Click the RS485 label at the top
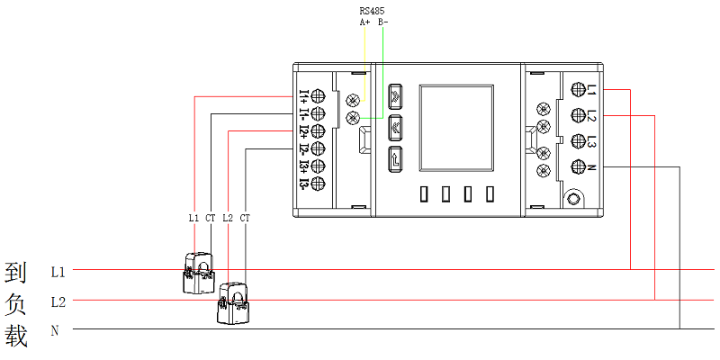tap(372, 11)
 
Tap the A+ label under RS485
tap(364, 22)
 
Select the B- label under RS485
tap(384, 22)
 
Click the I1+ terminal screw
tap(318, 96)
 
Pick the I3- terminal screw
tap(318, 184)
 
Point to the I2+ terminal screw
tap(318, 131)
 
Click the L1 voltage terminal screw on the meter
tap(577, 88)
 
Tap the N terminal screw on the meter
tap(577, 167)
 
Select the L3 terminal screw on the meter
tap(577, 140)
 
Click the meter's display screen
tap(456, 128)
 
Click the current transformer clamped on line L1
tap(199, 273)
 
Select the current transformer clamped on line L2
tap(233, 303)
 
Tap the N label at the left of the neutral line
tap(55, 330)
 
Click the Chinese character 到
tap(16, 273)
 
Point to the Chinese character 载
tap(16, 336)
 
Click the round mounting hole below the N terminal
tap(573, 199)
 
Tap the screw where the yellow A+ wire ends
tap(353, 99)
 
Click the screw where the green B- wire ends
tap(353, 118)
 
